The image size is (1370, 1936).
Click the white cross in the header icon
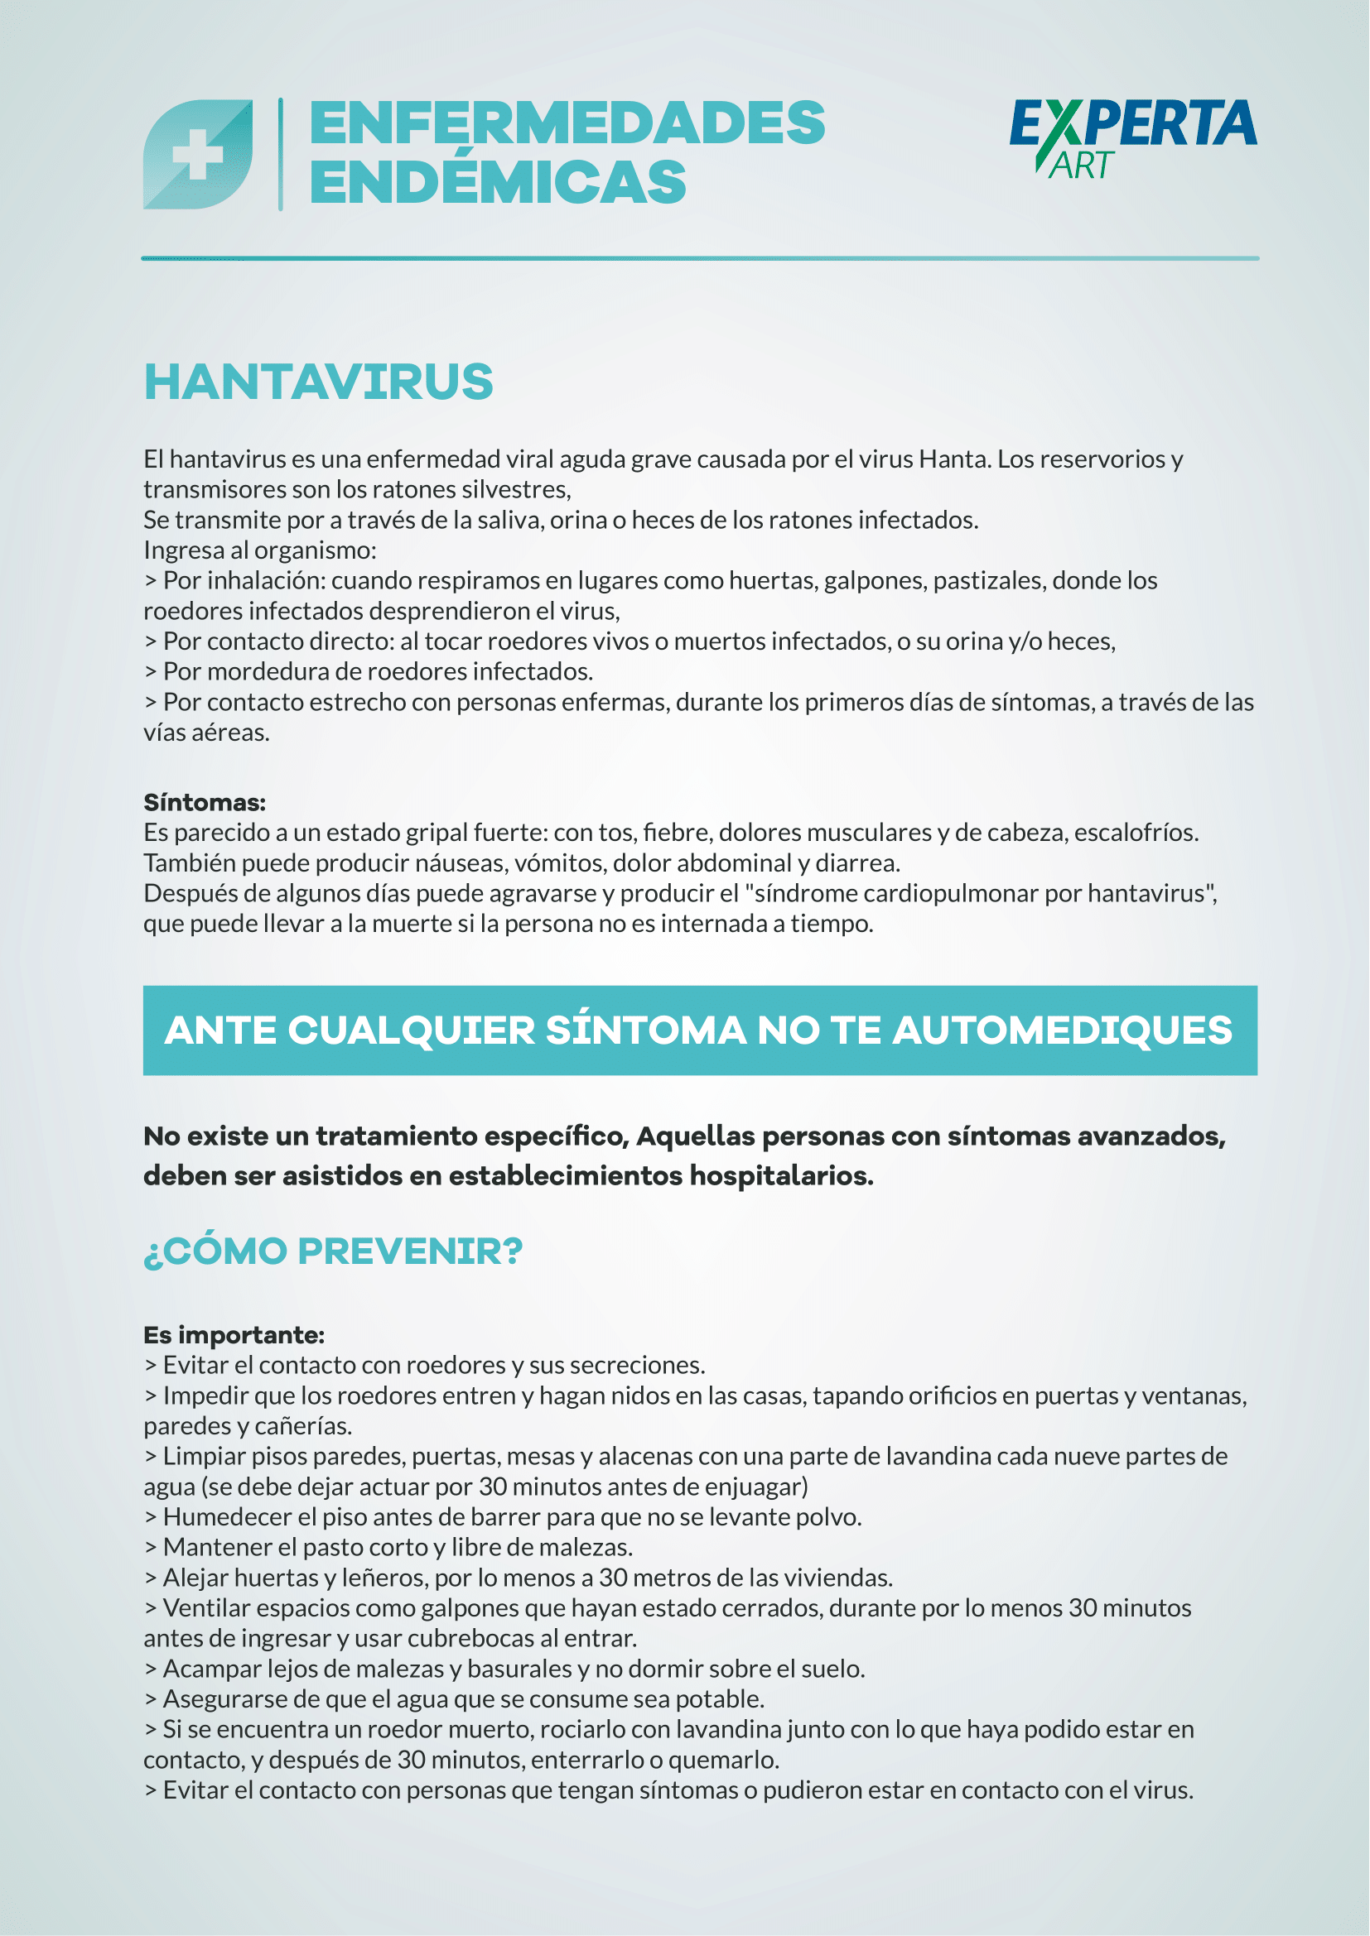[x=197, y=154]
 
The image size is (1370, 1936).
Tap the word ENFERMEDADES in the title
[x=567, y=124]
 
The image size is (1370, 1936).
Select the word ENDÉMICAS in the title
[x=499, y=183]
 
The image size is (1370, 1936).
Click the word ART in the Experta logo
[x=1083, y=166]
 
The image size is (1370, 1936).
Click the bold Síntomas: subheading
[x=204, y=802]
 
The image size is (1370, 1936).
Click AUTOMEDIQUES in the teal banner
[x=1062, y=1030]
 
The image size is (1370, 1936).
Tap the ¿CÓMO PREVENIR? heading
[x=333, y=1251]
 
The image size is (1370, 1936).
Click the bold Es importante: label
[x=234, y=1335]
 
